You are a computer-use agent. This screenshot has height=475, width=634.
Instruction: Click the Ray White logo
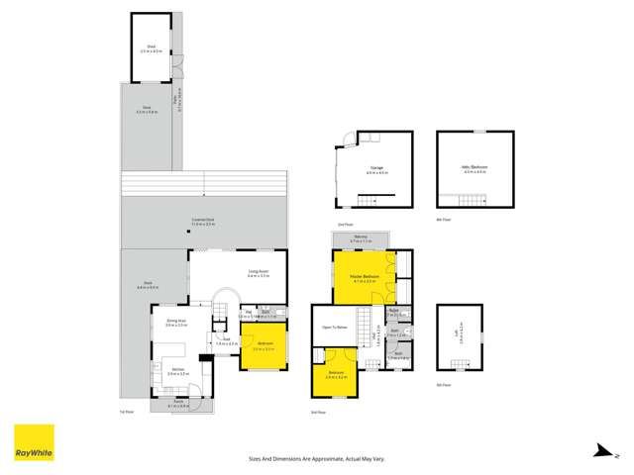click(33, 443)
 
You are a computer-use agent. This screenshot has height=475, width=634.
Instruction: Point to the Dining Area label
click(177, 323)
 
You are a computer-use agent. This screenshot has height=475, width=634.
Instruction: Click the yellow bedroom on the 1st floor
click(263, 347)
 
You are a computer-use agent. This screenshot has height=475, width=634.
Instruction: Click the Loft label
click(457, 333)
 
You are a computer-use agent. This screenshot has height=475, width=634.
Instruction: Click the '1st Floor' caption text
click(126, 413)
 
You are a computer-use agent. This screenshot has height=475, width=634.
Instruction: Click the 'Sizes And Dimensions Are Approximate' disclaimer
click(316, 458)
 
